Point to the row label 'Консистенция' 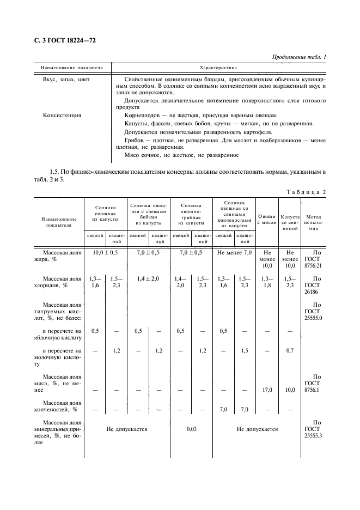pos(62,115)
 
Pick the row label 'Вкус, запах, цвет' pos(66,80)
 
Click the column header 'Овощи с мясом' pos(267,219)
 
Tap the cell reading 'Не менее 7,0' pos(234,253)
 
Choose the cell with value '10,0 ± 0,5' pos(105,253)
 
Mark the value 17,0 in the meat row pos(267,390)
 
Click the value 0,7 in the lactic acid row pos(290,350)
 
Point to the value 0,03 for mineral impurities pos(191,429)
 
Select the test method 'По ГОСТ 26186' pos(314,284)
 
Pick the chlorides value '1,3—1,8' pos(267,282)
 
